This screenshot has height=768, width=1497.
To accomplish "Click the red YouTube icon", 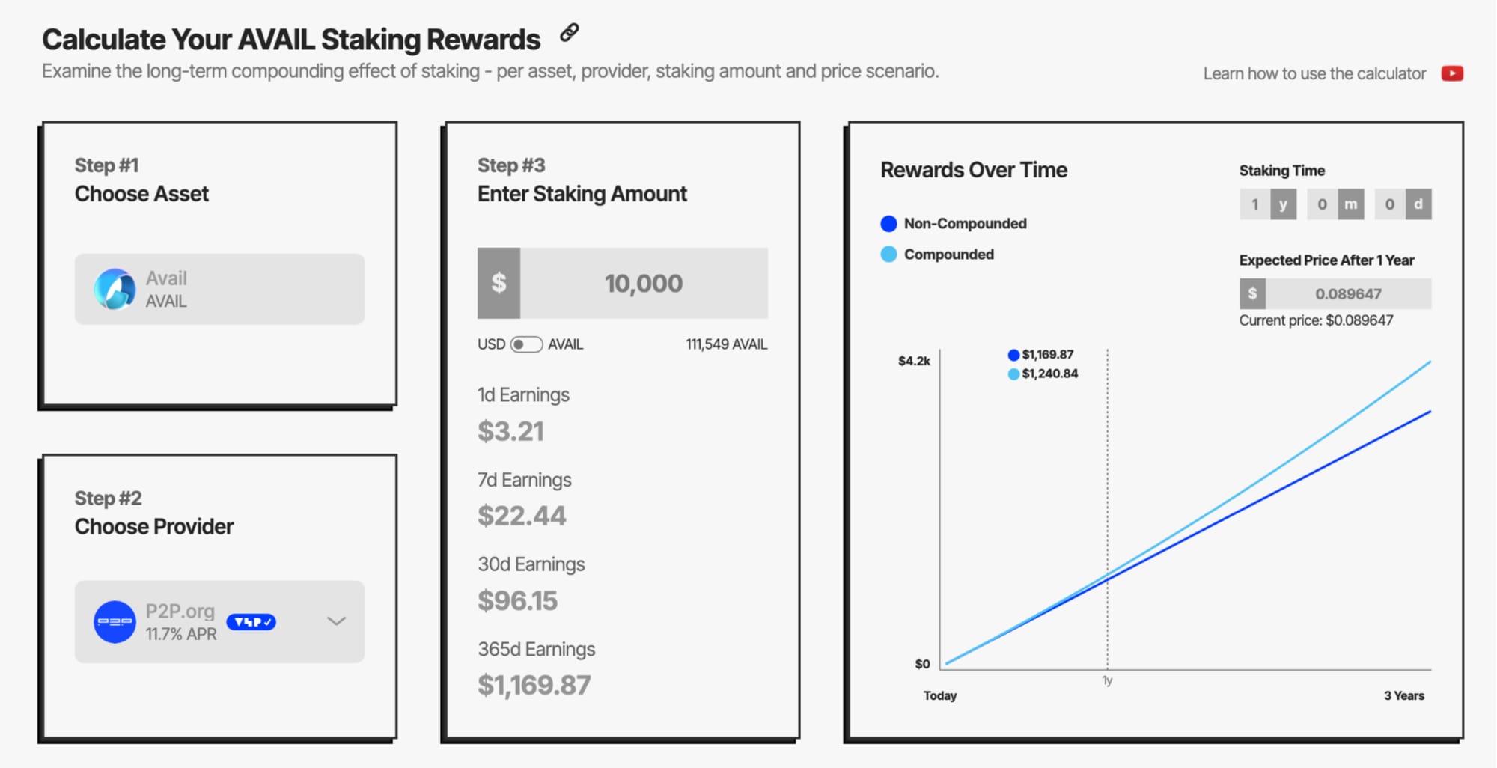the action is (1452, 73).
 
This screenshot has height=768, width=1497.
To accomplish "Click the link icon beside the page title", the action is (570, 33).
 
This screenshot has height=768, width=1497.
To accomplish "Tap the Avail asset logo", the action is (115, 289).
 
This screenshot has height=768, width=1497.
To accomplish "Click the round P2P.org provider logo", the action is (115, 622).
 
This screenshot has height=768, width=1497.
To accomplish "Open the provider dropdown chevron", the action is (336, 621).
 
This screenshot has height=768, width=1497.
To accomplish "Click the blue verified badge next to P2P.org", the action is (251, 622).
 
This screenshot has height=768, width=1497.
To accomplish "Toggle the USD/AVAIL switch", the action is (526, 344).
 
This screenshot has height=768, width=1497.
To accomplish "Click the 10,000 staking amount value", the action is (644, 284).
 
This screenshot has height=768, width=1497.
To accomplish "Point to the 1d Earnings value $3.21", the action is (511, 431).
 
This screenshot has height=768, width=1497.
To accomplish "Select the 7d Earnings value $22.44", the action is (522, 516).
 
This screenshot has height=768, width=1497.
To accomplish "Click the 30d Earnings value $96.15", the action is (518, 600).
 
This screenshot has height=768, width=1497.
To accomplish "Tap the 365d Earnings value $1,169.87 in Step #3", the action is (534, 685).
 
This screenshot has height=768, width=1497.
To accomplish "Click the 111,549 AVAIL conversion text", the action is (726, 344).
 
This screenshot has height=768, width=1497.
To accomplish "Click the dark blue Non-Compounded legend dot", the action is (888, 224).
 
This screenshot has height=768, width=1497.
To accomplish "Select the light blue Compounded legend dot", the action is (888, 255).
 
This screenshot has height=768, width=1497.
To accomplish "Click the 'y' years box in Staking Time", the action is (1283, 204).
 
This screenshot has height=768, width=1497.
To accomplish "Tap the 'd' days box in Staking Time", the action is (1418, 204).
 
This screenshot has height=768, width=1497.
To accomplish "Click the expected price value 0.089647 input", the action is (1349, 294).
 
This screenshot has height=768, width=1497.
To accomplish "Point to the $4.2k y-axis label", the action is (914, 361).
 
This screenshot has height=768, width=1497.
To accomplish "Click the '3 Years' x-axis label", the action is (1404, 695).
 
